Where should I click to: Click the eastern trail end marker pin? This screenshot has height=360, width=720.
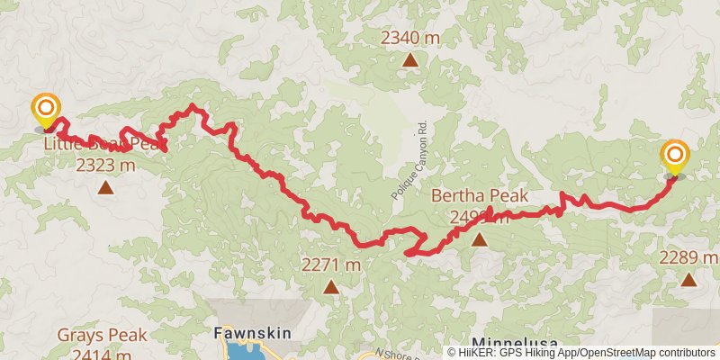[674, 157]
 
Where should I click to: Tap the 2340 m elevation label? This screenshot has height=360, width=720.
[410, 38]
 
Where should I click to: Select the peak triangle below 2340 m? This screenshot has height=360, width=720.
[410, 61]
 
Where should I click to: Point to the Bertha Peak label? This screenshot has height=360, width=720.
[478, 195]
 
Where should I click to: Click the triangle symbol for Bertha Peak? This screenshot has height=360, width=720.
[479, 239]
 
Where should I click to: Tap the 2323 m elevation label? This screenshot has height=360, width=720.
[105, 166]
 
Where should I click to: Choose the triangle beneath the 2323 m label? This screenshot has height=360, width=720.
[105, 188]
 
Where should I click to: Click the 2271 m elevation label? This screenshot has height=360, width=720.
[331, 265]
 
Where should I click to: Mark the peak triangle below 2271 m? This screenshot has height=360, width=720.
[331, 288]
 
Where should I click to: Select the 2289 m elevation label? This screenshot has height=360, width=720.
[688, 258]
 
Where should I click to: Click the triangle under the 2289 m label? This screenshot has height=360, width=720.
[688, 280]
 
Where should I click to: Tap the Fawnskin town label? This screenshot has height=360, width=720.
[252, 333]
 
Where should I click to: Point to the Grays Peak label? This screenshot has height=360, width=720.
[102, 336]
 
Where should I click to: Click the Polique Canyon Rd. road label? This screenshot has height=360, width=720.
[412, 159]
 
